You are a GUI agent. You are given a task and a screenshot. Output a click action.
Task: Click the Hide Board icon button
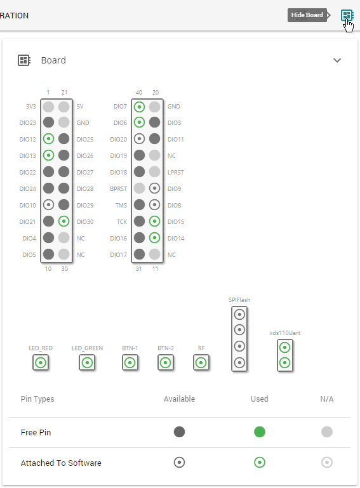[347, 15]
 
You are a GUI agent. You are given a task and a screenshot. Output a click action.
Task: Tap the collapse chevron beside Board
[337, 60]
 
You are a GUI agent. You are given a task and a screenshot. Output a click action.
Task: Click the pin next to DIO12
[48, 138]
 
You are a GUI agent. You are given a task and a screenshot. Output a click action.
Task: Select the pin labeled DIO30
[63, 221]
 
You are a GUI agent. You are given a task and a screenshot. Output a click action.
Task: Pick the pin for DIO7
[139, 107]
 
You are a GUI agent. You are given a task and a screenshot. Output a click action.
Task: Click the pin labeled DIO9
[154, 188]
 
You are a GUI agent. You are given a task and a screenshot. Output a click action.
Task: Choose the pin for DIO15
[154, 221]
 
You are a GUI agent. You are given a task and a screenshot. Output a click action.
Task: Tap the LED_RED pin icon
[41, 363]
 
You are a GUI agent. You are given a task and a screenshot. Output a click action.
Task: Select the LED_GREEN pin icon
[87, 363]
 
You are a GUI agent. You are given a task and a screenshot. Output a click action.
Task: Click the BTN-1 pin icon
[130, 363]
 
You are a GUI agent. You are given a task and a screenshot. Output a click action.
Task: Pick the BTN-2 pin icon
[166, 363]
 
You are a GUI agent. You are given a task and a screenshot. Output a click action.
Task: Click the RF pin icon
[201, 363]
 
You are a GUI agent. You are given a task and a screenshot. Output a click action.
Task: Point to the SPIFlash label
[239, 300]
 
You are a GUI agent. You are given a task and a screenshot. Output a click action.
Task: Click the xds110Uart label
[284, 333]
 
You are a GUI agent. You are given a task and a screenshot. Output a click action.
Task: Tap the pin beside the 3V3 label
[48, 107]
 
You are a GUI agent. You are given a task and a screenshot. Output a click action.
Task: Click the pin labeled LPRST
[154, 171]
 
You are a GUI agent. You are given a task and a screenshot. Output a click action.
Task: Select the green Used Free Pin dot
[260, 432]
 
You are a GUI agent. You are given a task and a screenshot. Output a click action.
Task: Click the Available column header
[179, 399]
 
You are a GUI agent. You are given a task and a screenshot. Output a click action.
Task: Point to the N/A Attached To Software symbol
[327, 463]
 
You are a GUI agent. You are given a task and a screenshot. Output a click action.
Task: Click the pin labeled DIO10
[48, 204]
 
